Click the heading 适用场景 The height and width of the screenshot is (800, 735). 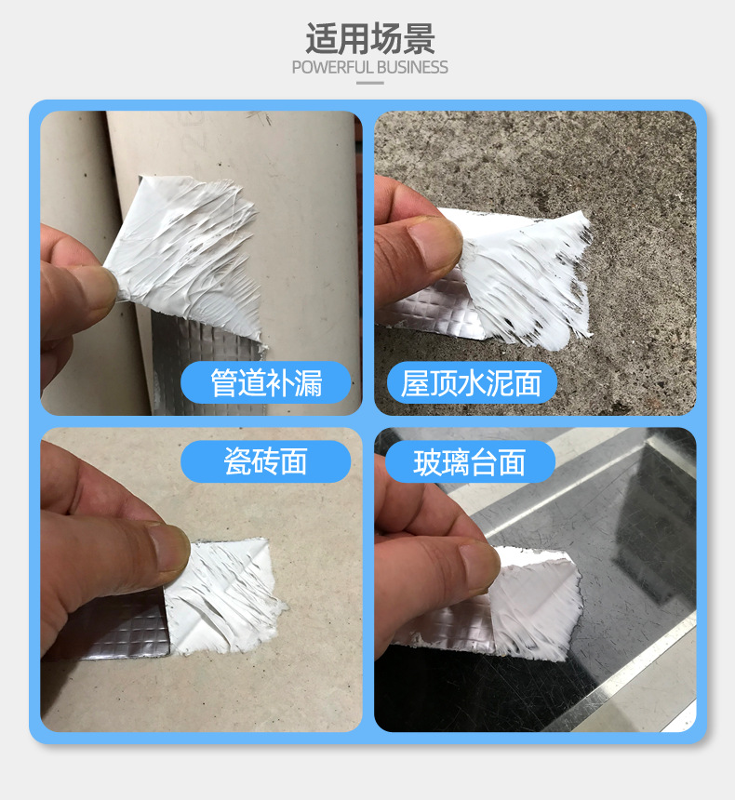coord(369,39)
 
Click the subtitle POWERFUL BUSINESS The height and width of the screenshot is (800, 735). coord(369,68)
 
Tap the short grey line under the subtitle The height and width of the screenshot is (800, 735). coord(369,83)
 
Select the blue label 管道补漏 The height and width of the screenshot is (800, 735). coord(266,382)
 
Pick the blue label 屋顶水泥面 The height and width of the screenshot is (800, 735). coord(471,382)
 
